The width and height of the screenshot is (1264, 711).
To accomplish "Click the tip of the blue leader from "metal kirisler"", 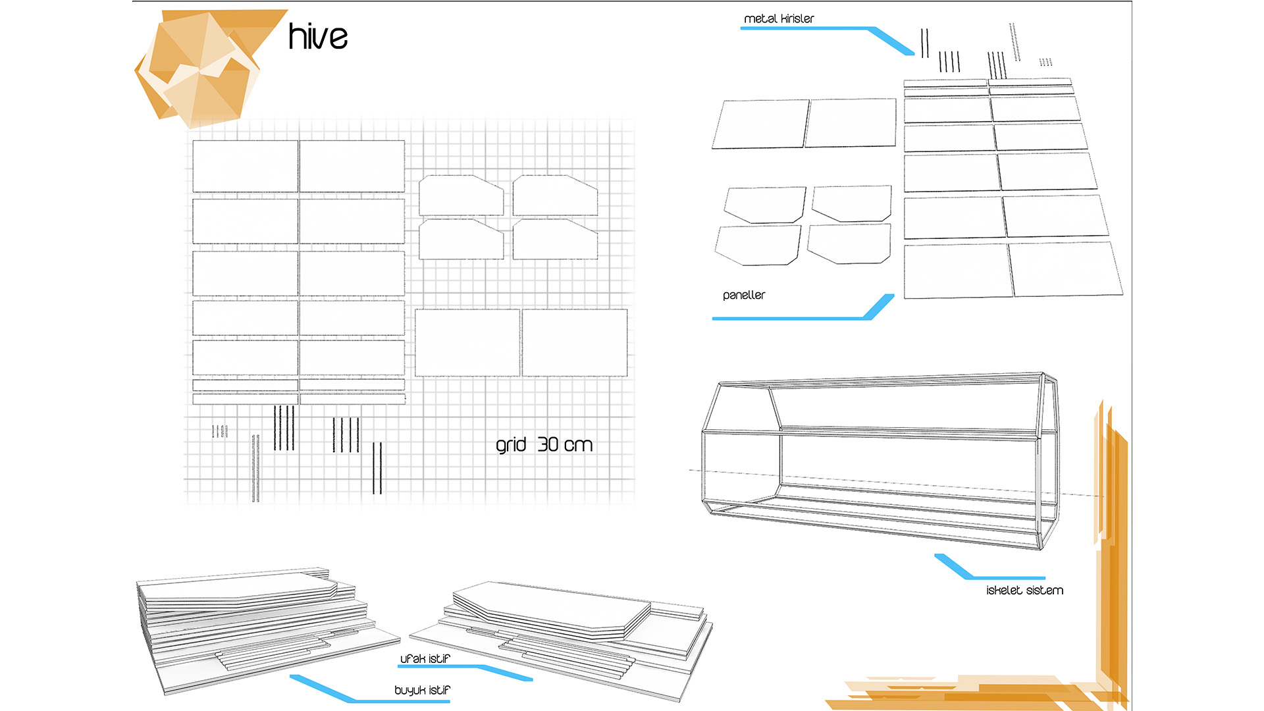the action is tap(912, 53).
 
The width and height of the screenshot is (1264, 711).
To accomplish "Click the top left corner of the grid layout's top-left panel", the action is tap(193, 140).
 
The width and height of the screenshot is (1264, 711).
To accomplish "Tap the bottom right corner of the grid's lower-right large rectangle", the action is tap(627, 376).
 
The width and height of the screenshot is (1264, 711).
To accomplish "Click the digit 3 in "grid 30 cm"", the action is tap(543, 444).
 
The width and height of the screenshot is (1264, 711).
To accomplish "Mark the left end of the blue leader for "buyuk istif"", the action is tap(292, 677).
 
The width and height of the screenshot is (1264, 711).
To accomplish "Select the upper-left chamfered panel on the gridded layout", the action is tap(461, 195).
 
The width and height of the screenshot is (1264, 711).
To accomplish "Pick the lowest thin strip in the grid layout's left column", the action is tap(245, 399).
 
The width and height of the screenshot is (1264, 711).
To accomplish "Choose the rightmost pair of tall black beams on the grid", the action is tap(377, 468).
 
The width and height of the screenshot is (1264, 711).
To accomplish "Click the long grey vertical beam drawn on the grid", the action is tap(255, 468).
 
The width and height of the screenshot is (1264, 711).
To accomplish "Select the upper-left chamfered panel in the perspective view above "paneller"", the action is tap(764, 205).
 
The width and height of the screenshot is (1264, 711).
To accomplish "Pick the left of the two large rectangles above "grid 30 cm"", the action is tap(467, 343).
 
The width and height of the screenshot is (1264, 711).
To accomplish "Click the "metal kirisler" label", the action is tap(779, 18).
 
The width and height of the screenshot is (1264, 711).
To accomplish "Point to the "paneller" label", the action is tap(744, 296).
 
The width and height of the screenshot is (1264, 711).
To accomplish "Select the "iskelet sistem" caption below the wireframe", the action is tap(1024, 591).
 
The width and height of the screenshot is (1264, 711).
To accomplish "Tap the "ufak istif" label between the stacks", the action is tap(425, 658).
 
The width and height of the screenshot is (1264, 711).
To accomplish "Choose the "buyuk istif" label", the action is tap(422, 690).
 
